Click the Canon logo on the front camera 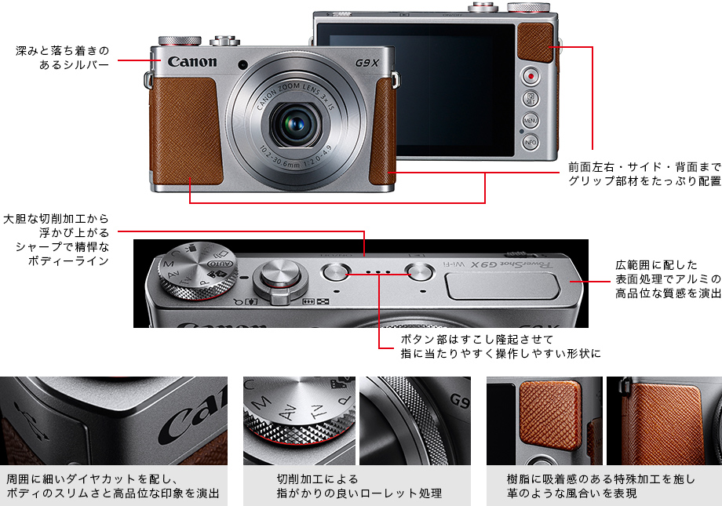191,62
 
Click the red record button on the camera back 531,76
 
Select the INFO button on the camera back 531,142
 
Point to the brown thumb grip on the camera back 535,42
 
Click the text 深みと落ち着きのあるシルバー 63,57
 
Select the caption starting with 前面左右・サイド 644,174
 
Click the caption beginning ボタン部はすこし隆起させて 501,346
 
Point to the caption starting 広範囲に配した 668,279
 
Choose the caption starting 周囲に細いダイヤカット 114,486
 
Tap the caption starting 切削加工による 359,486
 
